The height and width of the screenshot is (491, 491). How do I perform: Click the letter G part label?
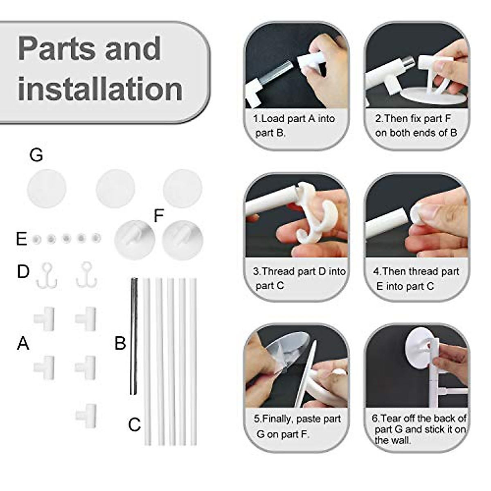click(36, 155)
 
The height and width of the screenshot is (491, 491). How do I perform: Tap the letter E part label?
click(21, 239)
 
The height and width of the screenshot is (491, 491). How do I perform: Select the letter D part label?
click(23, 271)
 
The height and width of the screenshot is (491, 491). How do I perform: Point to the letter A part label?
click(23, 343)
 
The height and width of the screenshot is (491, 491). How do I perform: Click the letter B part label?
click(120, 343)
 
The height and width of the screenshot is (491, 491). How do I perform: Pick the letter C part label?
click(134, 425)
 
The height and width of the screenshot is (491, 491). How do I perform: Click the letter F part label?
click(159, 216)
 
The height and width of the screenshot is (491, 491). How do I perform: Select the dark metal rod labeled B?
click(133, 336)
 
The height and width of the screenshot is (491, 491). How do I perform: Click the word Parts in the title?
click(55, 49)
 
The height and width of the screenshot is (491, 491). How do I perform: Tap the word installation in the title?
click(100, 89)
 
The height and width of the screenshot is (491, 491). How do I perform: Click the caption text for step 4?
click(416, 279)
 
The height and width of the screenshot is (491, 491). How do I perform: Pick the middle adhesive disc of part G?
click(115, 189)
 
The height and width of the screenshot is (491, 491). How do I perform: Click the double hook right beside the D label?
click(47, 275)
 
